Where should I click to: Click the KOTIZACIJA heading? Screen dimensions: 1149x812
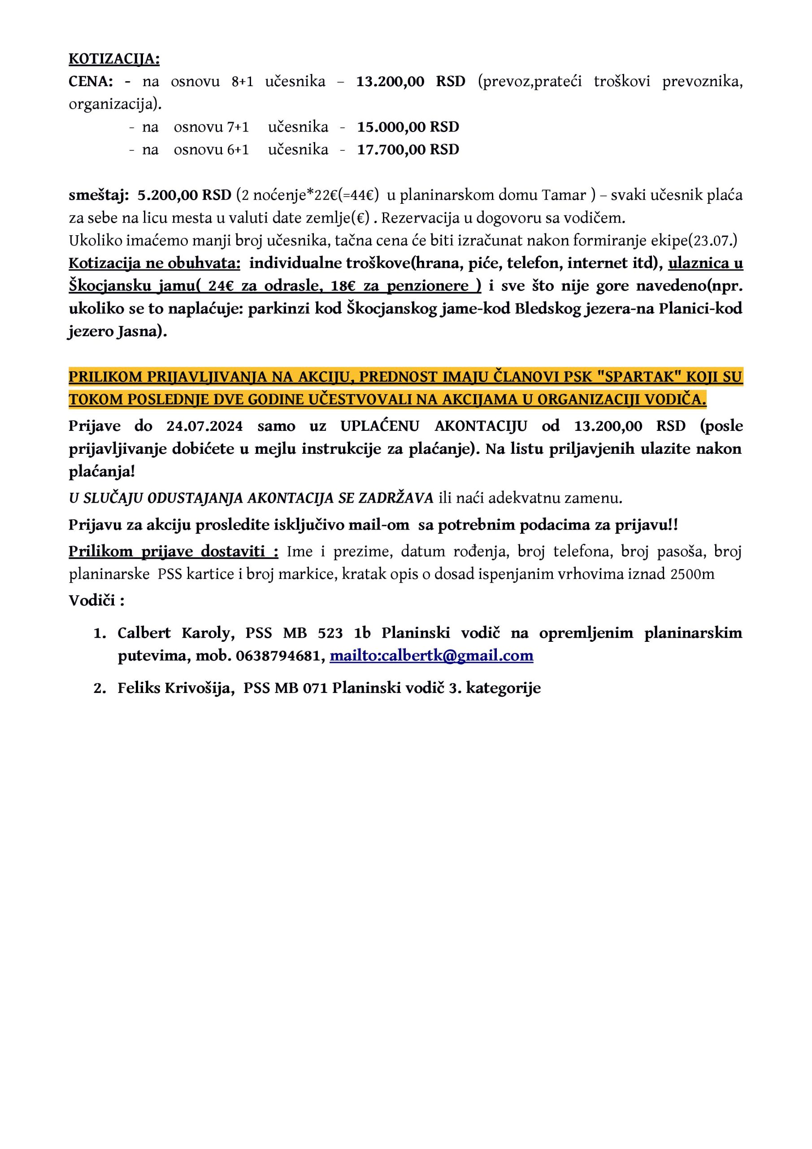(114, 59)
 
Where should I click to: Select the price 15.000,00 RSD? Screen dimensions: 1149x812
(408, 127)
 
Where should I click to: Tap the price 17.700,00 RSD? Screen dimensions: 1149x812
(408, 149)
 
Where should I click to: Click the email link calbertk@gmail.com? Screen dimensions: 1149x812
(431, 656)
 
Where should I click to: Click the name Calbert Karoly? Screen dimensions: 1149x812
(176, 633)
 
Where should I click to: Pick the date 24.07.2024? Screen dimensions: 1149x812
(204, 426)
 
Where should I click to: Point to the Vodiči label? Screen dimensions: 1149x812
(96, 600)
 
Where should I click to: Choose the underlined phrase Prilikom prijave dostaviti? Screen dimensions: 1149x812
(174, 552)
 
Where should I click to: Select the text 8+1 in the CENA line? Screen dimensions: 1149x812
(243, 82)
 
